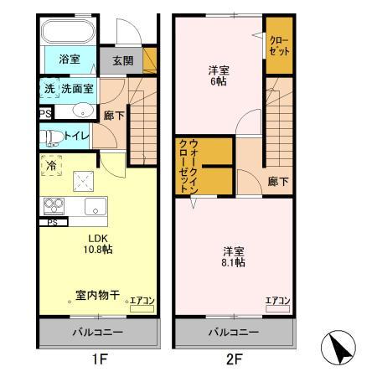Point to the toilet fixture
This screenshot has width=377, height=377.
51,136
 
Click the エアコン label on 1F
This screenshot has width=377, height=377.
140,299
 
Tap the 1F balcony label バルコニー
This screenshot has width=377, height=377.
99,333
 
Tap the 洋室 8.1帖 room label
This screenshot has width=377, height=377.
234,256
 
